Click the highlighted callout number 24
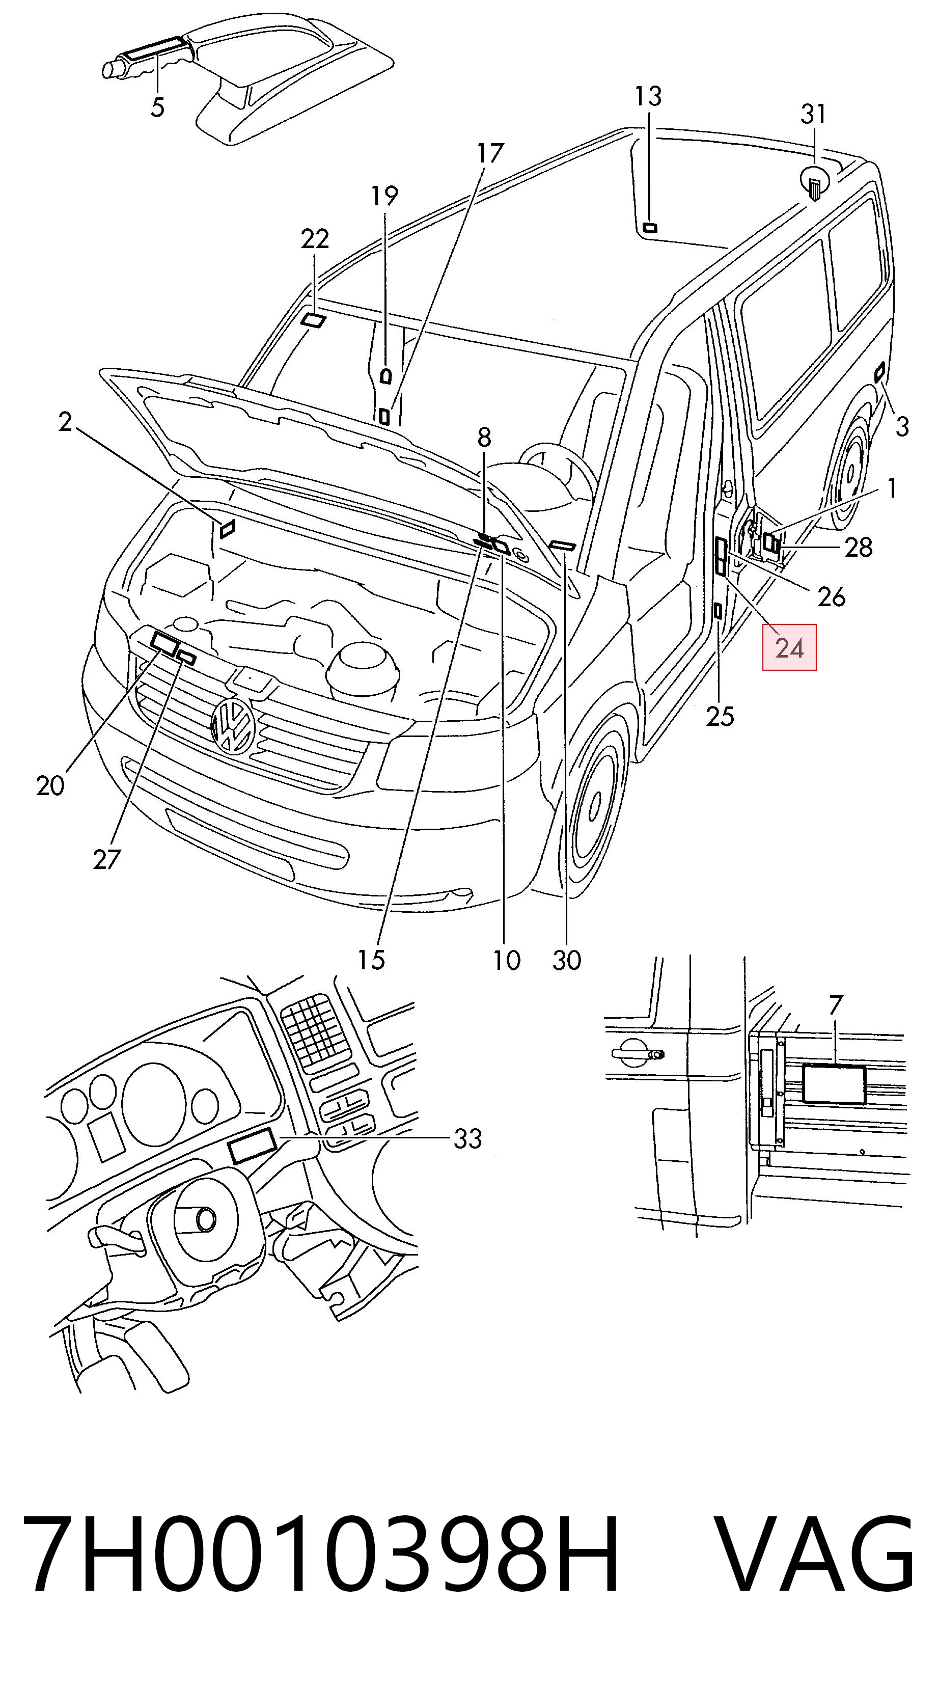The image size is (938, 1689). [x=789, y=648]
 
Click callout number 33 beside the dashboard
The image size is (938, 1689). [x=468, y=1139]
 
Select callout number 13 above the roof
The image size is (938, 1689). [x=648, y=96]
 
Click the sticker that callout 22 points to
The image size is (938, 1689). [x=313, y=320]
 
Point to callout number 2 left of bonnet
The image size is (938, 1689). [x=64, y=422]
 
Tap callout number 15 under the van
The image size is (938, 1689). [x=371, y=960]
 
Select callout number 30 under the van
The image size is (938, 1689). [x=567, y=960]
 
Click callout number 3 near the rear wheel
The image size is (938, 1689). [x=902, y=427]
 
